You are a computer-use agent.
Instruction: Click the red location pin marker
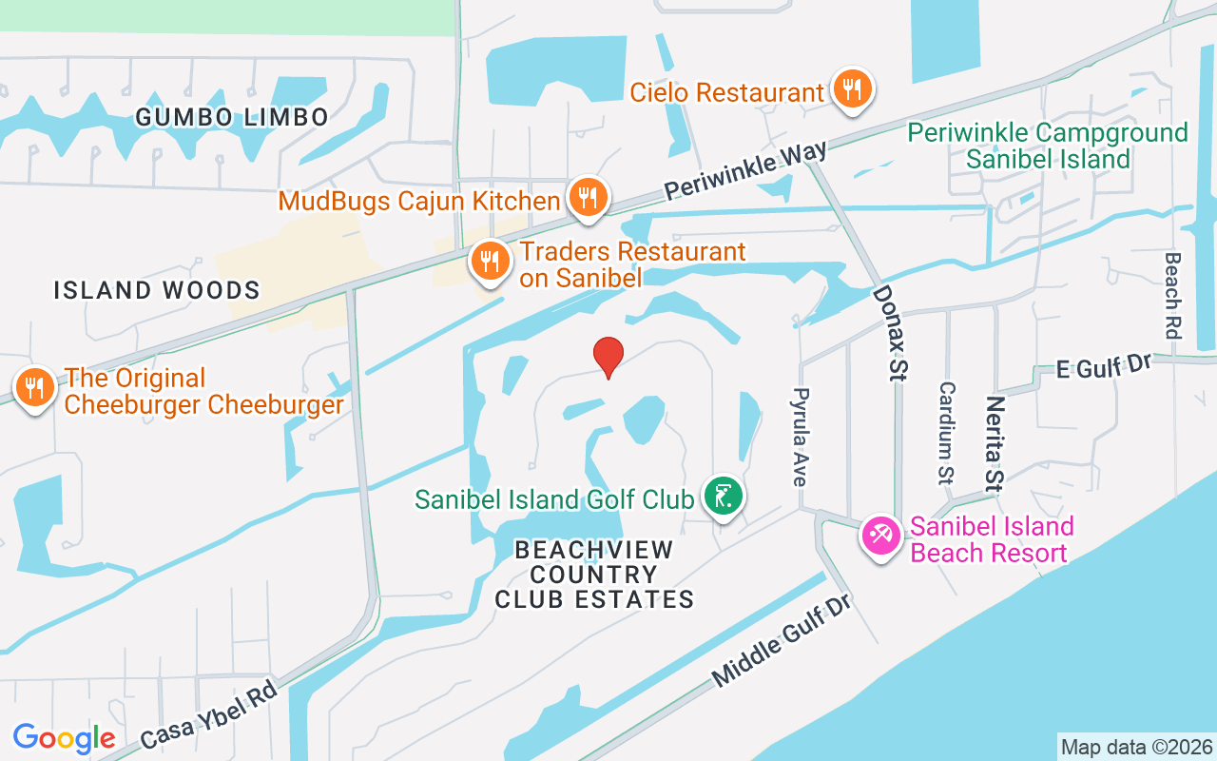tap(608, 357)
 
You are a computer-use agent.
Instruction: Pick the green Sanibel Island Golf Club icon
tap(724, 496)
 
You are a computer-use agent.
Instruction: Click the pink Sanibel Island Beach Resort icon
tap(880, 536)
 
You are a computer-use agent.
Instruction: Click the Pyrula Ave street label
tap(801, 437)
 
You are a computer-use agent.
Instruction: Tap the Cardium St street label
tap(946, 433)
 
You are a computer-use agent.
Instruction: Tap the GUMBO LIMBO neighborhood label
tap(232, 117)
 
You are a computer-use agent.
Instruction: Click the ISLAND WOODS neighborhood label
tap(157, 290)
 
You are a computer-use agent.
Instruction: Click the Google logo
tap(65, 738)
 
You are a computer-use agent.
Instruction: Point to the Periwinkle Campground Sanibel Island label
tap(1048, 146)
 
